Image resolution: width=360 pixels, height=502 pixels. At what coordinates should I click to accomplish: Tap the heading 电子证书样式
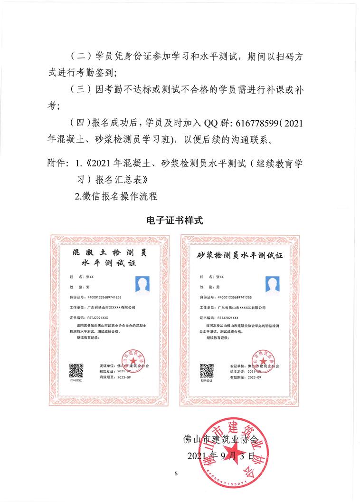click(x=175, y=220)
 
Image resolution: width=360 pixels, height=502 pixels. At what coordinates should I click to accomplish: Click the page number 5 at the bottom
click(x=176, y=473)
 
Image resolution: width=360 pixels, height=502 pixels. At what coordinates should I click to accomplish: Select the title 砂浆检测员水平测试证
click(x=239, y=255)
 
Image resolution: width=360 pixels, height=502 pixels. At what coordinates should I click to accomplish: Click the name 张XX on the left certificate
click(x=90, y=276)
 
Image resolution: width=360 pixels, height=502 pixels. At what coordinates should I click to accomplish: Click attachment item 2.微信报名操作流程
click(x=116, y=196)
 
